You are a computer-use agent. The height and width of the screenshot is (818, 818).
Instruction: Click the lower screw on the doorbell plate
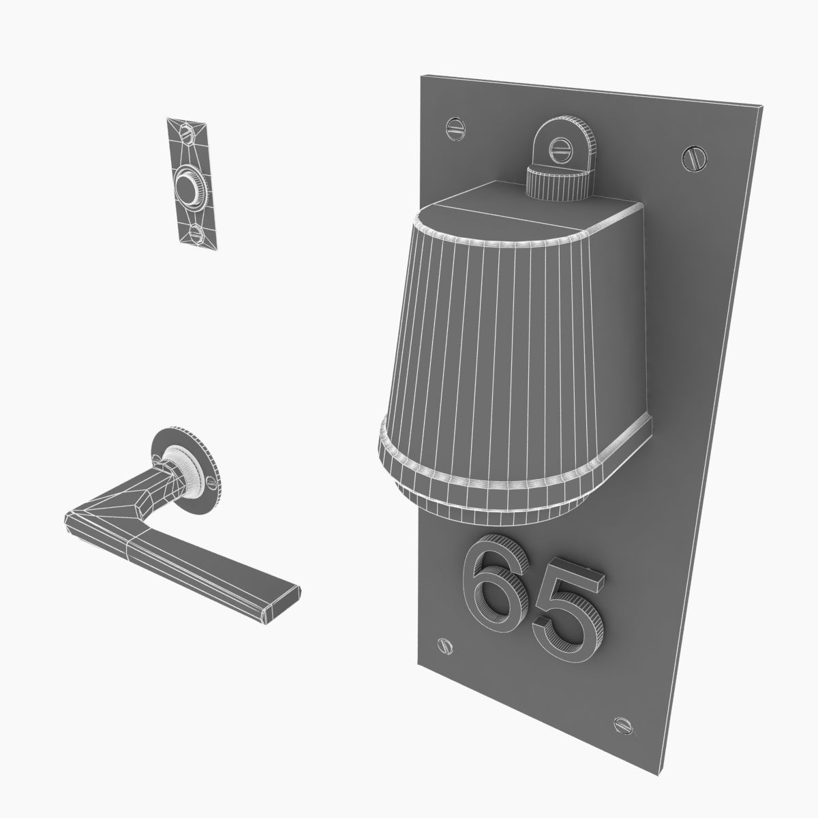click(x=197, y=234)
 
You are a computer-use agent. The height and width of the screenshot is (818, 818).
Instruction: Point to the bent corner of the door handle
click(x=78, y=519)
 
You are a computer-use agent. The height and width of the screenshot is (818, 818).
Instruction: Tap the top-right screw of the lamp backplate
click(x=692, y=158)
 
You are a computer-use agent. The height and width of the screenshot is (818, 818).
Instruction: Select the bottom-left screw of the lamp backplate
click(x=443, y=644)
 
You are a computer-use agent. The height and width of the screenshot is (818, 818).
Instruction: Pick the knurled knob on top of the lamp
click(x=560, y=183)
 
